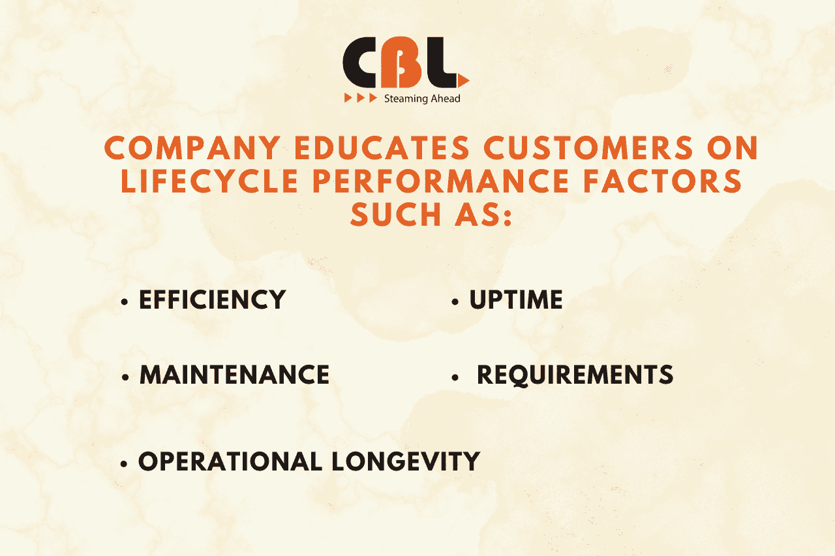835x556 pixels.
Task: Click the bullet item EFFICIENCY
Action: point(213,300)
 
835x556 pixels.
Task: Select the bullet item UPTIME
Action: point(516,300)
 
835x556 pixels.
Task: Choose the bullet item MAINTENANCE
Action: point(235,375)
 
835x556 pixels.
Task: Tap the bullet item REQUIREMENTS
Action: point(575,375)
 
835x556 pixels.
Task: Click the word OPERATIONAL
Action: point(230,462)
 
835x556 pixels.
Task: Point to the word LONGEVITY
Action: point(406,462)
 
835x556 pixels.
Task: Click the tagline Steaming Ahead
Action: point(422,99)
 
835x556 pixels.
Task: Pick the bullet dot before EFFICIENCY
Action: point(124,303)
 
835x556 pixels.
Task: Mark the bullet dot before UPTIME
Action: point(455,303)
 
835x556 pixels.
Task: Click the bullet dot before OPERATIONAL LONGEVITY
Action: point(124,464)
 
